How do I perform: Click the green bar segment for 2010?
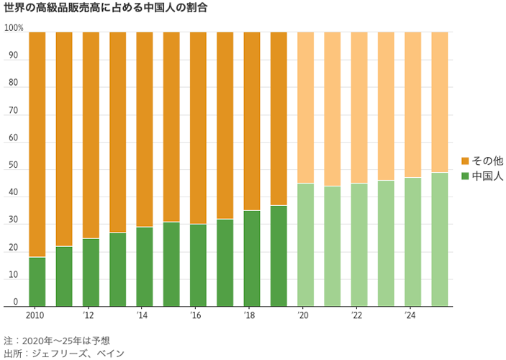[x=37, y=282]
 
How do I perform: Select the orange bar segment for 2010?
[x=37, y=144]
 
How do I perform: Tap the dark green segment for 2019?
[x=278, y=256]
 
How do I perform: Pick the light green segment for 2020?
[x=305, y=245]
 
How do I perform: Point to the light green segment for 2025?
[x=439, y=239]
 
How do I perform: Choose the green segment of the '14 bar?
[x=144, y=266]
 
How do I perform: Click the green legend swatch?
[x=465, y=176]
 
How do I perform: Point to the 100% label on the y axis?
[x=14, y=28]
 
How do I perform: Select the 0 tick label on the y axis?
[x=15, y=302]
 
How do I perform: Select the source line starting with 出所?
[x=64, y=353]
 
